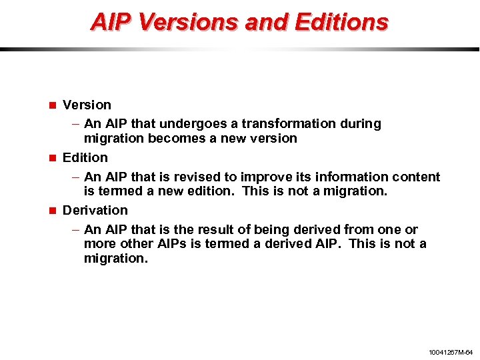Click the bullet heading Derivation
pos(95,210)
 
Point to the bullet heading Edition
pos(85,157)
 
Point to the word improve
pos(262,177)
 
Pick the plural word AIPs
pos(170,243)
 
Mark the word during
pos(361,124)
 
